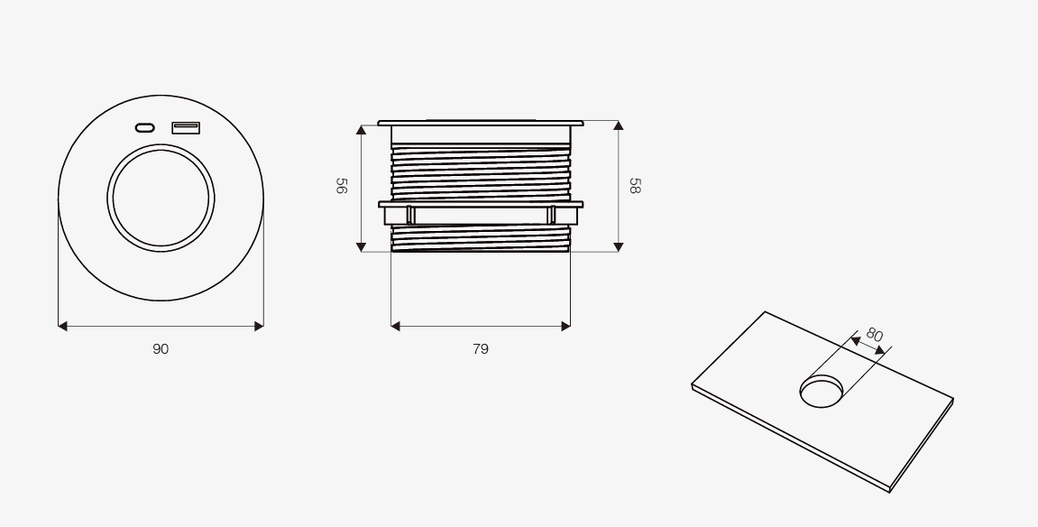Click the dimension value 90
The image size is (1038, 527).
[161, 349]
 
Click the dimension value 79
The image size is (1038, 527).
[481, 349]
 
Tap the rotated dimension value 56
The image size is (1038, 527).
[342, 185]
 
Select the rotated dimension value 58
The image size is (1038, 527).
[635, 185]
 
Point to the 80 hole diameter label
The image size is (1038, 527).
[875, 335]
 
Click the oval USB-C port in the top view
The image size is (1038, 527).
[145, 128]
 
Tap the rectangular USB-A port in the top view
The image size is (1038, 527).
[186, 128]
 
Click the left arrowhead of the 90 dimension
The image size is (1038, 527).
[63, 326]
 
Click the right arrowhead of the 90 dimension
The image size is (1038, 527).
[259, 326]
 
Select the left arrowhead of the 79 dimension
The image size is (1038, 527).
[395, 326]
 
